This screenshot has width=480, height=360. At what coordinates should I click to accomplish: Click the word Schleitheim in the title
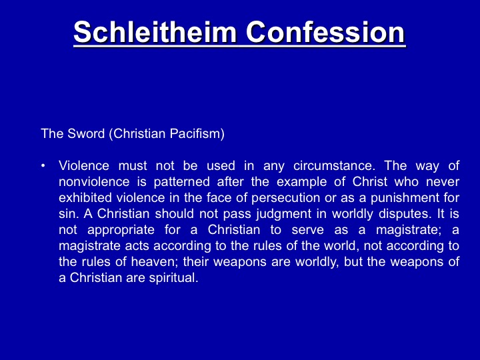[x=155, y=32]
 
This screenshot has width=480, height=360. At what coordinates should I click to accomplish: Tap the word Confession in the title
[x=325, y=32]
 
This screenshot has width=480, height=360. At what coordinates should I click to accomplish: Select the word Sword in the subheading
[x=86, y=133]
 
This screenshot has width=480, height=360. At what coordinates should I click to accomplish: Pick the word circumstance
[x=334, y=165]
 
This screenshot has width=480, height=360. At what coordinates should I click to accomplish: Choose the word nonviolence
[x=94, y=182]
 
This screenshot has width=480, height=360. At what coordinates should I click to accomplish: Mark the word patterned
[x=181, y=183]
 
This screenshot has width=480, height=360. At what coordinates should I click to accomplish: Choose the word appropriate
[x=121, y=230]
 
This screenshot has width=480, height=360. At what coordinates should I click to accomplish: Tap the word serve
[x=307, y=230]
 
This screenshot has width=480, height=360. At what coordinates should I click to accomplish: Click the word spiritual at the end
[x=173, y=278]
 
